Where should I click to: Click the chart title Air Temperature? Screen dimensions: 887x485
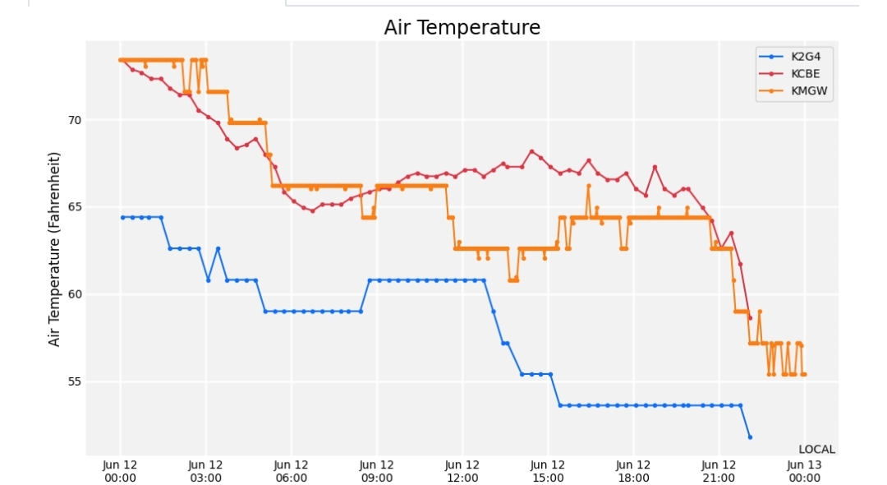(x=462, y=27)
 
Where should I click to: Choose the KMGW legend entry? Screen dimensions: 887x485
(x=793, y=90)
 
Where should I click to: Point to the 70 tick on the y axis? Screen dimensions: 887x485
(x=75, y=120)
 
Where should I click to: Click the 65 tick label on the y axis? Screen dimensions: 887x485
(x=75, y=207)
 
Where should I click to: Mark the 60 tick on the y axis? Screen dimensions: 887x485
(x=75, y=294)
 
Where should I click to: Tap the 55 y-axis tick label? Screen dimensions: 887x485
(x=75, y=381)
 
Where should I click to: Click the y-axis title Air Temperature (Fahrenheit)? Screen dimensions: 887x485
(x=53, y=249)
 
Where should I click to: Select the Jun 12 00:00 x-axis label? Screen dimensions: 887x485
(x=120, y=471)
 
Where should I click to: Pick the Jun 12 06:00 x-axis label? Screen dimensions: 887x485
(x=291, y=471)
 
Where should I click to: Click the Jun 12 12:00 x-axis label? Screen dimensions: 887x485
(x=462, y=471)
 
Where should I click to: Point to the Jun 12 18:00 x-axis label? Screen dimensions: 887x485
(x=633, y=471)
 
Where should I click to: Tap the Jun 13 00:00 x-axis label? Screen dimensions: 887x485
(x=804, y=471)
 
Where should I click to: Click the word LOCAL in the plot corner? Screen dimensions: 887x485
(x=816, y=450)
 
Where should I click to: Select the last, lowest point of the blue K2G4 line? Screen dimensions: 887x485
(x=750, y=436)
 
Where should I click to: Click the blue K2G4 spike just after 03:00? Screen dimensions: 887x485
(x=218, y=248)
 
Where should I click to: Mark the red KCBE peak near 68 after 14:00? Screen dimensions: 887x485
(x=531, y=151)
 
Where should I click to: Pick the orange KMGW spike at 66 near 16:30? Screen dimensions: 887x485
(x=588, y=186)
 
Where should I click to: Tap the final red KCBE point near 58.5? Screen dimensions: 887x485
(x=750, y=318)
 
